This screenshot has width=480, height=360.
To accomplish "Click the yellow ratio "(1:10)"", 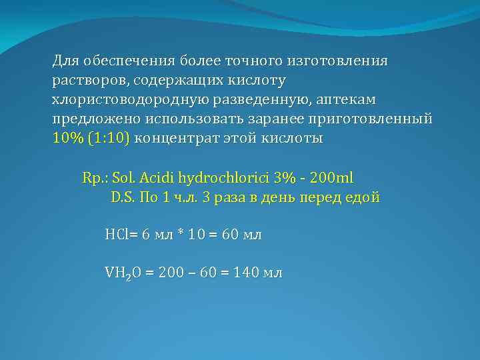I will pyautogui.click(x=113, y=139).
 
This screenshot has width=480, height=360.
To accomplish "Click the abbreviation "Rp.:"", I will pyautogui.click(x=95, y=179).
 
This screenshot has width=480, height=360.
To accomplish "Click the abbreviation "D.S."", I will pyautogui.click(x=121, y=197).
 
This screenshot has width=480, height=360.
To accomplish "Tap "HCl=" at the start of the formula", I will pyautogui.click(x=120, y=235).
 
